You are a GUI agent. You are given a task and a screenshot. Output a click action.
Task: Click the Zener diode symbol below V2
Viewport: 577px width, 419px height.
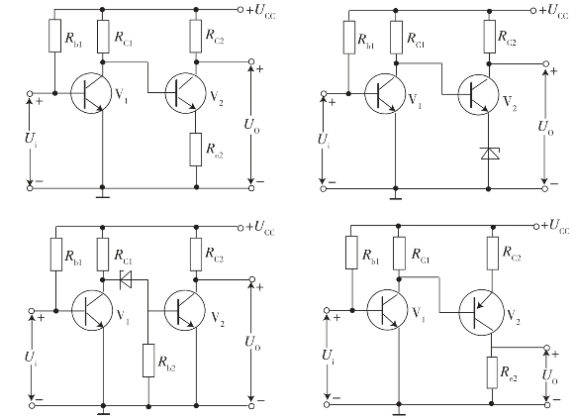pyautogui.click(x=490, y=154)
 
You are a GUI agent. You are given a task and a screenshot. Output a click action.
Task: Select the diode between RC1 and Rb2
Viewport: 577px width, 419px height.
pyautogui.click(x=126, y=279)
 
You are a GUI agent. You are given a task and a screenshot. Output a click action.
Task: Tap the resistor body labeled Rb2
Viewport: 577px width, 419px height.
pyautogui.click(x=148, y=361)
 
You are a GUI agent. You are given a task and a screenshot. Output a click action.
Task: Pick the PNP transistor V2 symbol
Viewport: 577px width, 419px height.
pyautogui.click(x=479, y=313)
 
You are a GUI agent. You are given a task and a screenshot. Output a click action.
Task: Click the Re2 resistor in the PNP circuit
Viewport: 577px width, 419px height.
pyautogui.click(x=492, y=372)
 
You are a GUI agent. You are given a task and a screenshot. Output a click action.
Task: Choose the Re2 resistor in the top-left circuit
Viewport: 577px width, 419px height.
pyautogui.click(x=196, y=150)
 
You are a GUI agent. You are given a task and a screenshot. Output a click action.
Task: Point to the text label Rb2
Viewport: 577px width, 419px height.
pyautogui.click(x=166, y=363)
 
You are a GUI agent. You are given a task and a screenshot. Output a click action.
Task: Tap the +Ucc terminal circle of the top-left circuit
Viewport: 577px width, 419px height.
pyautogui.click(x=240, y=10)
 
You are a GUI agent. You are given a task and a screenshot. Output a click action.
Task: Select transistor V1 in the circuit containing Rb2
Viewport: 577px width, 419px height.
pyautogui.click(x=92, y=310)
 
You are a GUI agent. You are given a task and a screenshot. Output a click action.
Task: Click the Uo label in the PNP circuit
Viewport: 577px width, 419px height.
pyautogui.click(x=549, y=376)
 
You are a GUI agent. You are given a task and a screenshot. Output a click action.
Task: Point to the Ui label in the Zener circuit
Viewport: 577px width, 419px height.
pyautogui.click(x=324, y=141)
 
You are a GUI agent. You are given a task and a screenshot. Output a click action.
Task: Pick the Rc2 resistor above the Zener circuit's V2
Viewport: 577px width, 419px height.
pyautogui.click(x=490, y=37)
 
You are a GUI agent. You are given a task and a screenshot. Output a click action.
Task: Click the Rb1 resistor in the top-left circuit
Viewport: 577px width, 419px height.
pyautogui.click(x=54, y=36)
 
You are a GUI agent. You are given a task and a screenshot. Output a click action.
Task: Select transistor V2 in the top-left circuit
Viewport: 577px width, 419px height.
pyautogui.click(x=185, y=93)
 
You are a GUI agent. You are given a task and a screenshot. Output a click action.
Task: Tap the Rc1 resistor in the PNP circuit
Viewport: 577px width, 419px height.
pyautogui.click(x=399, y=254)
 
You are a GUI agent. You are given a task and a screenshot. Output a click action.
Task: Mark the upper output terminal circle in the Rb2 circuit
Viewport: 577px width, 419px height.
pyautogui.click(x=251, y=279)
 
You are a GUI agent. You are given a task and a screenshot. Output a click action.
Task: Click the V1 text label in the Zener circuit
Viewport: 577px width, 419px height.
pyautogui.click(x=415, y=100)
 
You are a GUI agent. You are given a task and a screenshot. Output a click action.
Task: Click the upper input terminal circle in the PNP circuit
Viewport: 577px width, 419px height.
pyautogui.click(x=326, y=310)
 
